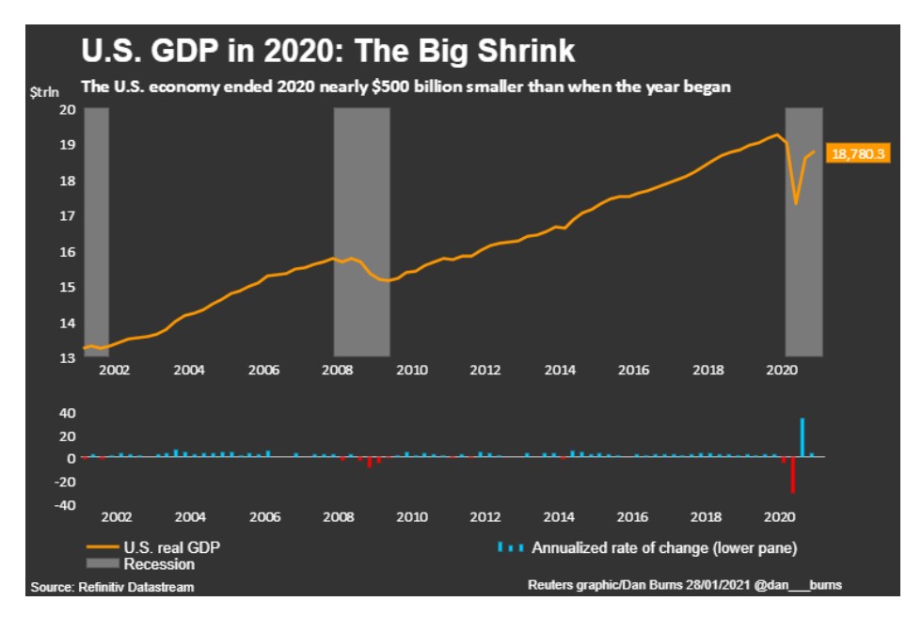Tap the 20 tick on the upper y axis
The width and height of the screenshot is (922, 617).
[67, 109]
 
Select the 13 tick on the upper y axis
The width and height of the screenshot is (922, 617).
[67, 358]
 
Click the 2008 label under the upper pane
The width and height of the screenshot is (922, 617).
[337, 371]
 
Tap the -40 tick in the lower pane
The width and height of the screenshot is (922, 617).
[63, 505]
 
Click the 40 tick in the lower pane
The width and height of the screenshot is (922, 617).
[67, 413]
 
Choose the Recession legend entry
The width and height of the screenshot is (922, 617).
[158, 564]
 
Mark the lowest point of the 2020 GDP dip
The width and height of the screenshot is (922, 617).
[797, 203]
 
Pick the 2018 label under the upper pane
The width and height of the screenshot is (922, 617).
[707, 371]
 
